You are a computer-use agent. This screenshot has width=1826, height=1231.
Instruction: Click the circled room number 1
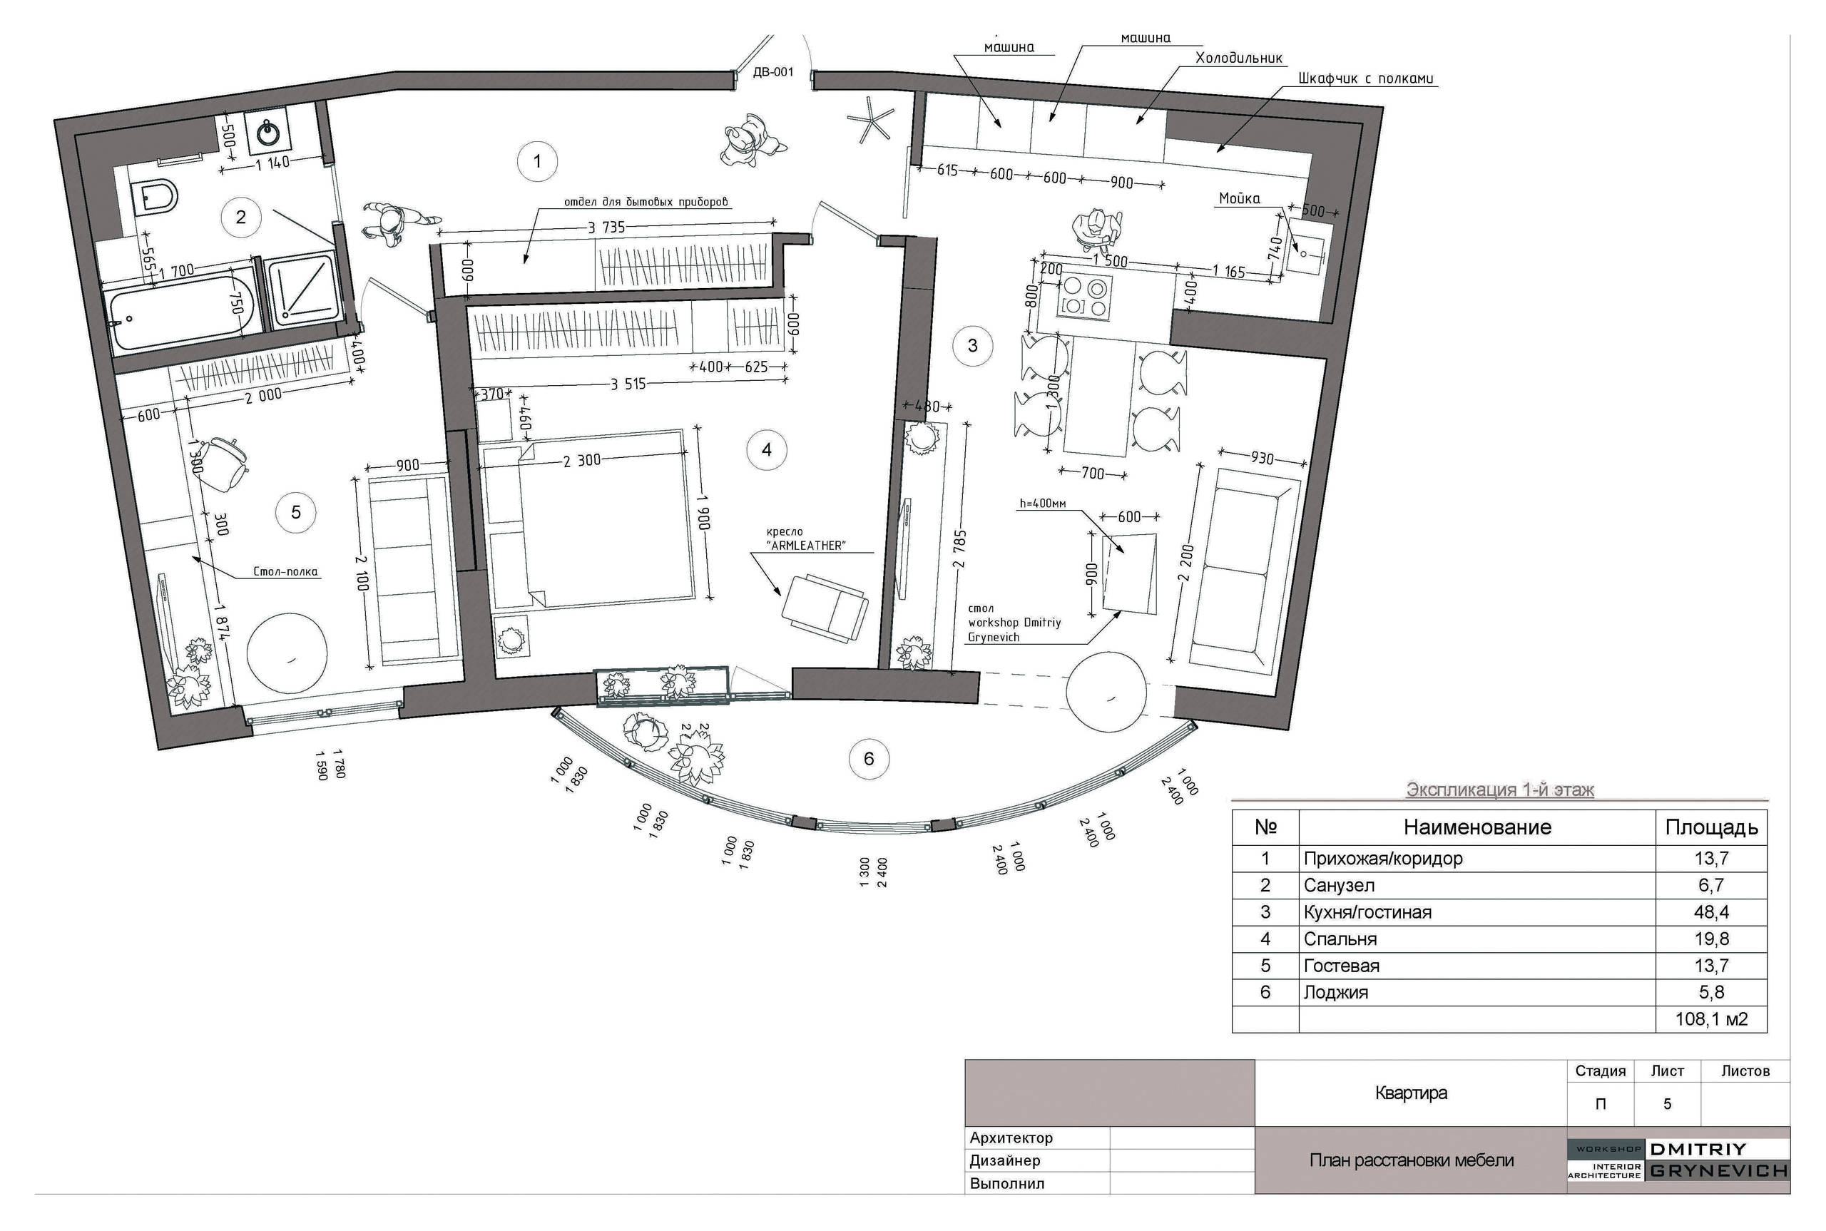[537, 161]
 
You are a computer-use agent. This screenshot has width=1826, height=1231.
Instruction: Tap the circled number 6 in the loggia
[868, 758]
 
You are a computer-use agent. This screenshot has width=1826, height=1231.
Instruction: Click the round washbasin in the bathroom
[268, 133]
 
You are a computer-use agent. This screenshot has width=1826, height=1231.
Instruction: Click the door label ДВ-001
[773, 72]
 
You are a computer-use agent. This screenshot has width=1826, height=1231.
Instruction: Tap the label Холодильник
[1239, 58]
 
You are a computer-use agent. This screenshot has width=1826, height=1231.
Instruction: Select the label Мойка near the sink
[1240, 198]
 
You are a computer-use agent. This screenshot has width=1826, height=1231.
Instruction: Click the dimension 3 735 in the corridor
[607, 228]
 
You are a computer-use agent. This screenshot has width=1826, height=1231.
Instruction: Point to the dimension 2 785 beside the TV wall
[959, 548]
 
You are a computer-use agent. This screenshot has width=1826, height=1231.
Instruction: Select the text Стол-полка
[285, 571]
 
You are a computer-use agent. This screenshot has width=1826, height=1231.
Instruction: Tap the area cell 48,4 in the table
[1711, 912]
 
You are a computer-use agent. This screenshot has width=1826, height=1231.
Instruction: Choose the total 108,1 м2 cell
[1711, 1019]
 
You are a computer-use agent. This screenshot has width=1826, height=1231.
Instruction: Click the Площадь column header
[1711, 827]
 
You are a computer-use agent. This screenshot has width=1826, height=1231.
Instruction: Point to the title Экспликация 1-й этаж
[1499, 790]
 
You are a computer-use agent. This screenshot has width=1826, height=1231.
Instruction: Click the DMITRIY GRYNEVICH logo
[1678, 1160]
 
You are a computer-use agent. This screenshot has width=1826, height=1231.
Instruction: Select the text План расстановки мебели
[1412, 1160]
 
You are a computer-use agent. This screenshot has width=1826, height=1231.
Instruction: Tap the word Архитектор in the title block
[1011, 1138]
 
